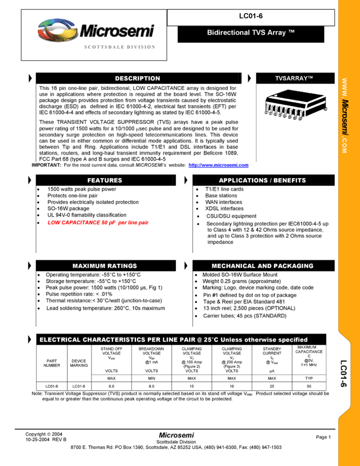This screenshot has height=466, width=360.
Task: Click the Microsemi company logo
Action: [96, 30]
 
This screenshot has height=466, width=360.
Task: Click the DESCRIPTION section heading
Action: [138, 78]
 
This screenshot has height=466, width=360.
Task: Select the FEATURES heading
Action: [105, 180]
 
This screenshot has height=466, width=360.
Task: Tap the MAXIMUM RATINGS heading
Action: [105, 266]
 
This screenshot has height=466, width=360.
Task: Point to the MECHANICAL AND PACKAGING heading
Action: [262, 266]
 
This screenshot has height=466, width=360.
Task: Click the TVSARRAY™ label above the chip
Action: [294, 78]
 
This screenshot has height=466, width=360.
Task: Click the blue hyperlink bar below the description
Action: [218, 166]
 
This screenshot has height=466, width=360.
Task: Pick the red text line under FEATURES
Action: [98, 223]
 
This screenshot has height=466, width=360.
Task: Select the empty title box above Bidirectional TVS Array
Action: [251, 18]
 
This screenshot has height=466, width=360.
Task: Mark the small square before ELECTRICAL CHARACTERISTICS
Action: [28, 339]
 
